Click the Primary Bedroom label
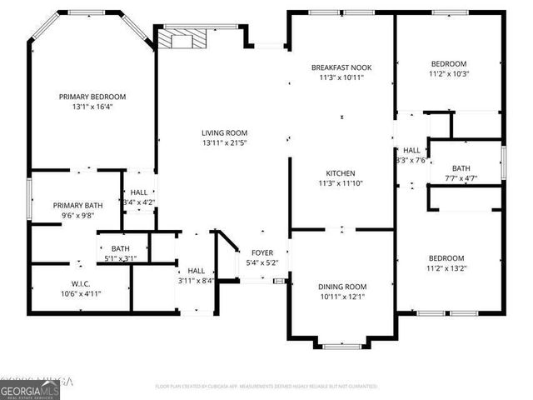pos(92,97)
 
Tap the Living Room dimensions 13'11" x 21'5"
pos(224,142)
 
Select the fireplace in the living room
pos(182,39)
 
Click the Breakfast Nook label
pos(341,67)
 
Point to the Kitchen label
pos(341,172)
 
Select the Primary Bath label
pos(77,205)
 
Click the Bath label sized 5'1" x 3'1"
pos(121,248)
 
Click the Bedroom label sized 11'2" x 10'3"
pos(448,63)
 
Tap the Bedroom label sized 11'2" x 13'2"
pos(446,258)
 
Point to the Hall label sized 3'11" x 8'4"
pos(197,270)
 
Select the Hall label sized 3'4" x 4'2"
pos(138,192)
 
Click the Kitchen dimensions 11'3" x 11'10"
pos(341,183)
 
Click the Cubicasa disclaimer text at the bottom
pos(266,387)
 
